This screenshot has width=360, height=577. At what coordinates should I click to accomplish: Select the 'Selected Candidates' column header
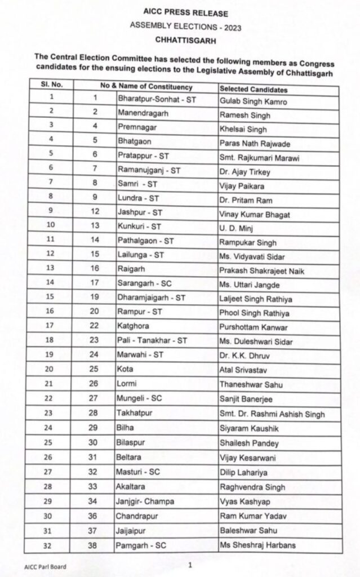[253, 90]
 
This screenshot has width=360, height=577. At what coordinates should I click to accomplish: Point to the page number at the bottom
[190, 564]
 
